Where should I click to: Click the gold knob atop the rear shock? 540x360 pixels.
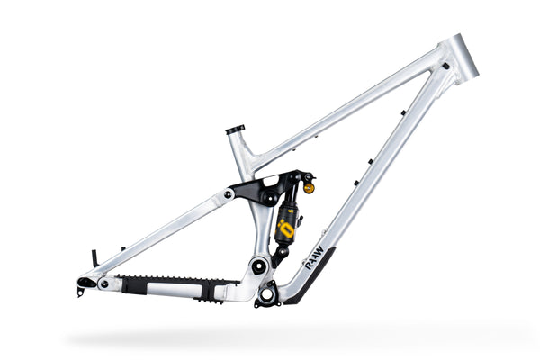pyautogui.click(x=310, y=188)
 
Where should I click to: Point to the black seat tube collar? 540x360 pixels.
pyautogui.click(x=236, y=130)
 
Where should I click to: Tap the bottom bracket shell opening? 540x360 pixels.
pyautogui.click(x=267, y=293)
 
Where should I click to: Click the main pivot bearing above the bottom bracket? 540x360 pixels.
pyautogui.click(x=258, y=265)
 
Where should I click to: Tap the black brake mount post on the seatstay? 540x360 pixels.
pyautogui.click(x=94, y=258)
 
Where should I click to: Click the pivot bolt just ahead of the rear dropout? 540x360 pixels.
pyautogui.click(x=105, y=284)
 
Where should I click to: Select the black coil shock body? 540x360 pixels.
pyautogui.click(x=286, y=220)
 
